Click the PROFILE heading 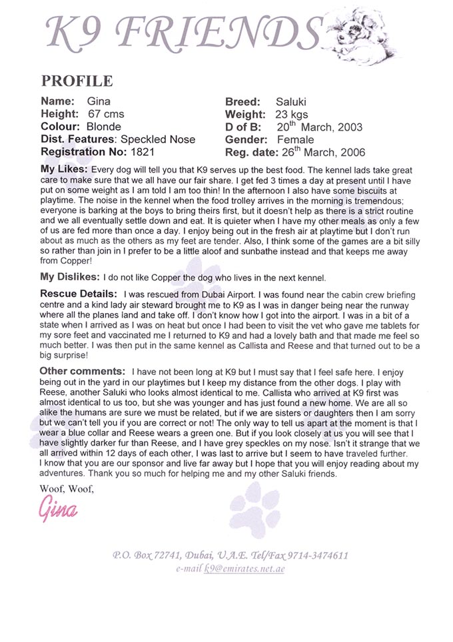pos(77,81)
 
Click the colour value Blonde pos(104,127)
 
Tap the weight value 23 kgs pos(290,115)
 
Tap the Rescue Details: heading pos(79,294)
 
